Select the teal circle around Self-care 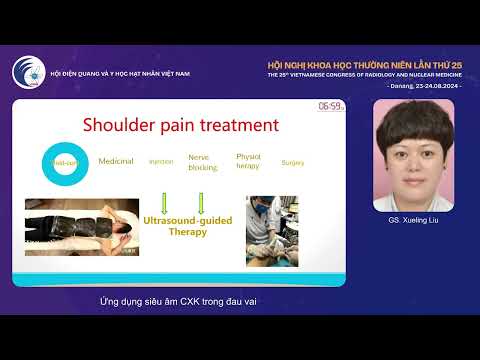[60, 162]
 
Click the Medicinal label [116, 161]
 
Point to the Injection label [161, 161]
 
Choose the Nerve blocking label [201, 161]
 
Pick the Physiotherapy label [249, 161]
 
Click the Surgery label [293, 162]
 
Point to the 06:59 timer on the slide [330, 105]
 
